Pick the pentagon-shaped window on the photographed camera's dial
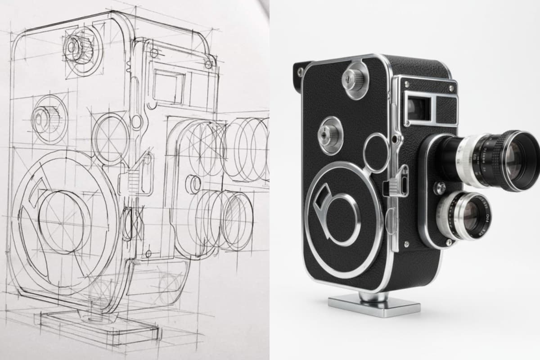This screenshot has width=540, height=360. (x=323, y=198)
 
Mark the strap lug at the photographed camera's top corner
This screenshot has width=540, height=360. (x=299, y=71)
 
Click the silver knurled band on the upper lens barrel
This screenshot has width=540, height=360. (x=468, y=160)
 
